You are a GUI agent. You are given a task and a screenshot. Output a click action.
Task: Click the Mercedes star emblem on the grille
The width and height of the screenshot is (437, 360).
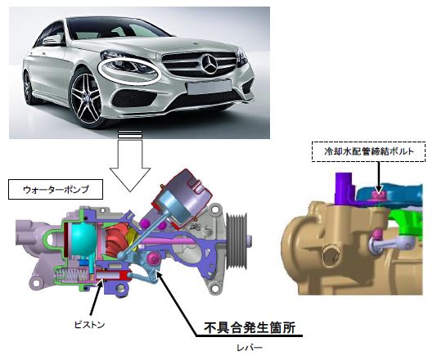pos(209,65)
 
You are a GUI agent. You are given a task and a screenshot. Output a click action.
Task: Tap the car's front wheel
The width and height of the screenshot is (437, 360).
pos(87,97)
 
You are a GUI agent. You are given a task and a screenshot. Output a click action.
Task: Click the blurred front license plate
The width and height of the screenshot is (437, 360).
pos(209,87)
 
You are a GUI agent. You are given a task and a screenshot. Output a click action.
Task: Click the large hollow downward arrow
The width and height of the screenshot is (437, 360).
pos(130,161)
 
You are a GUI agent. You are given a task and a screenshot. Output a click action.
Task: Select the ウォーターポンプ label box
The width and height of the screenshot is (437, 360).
pos(56,190)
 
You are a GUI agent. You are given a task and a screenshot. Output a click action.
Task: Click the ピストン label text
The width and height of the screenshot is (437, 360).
pos(89,325)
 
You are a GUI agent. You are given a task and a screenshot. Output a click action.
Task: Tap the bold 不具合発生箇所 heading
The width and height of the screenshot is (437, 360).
pos(250,327)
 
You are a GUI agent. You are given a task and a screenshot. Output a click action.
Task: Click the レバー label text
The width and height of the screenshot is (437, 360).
pos(250,348)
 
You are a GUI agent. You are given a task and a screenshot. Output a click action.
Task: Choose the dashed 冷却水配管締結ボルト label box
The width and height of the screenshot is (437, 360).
pos(368,151)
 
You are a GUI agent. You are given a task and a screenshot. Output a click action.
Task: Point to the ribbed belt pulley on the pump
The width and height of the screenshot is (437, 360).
pos(237,241)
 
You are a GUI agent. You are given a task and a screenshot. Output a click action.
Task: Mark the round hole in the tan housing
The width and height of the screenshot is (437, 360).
pos(331,254)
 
